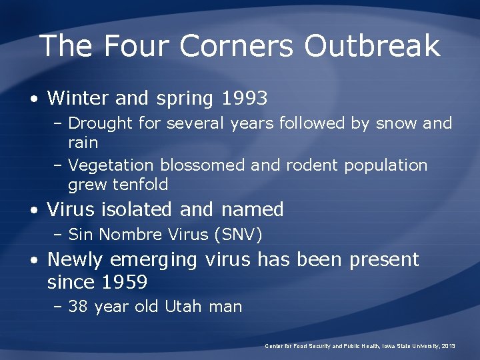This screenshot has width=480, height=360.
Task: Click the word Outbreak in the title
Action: coord(372,46)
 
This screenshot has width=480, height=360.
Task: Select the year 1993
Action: coord(243,99)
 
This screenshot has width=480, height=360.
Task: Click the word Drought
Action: coord(100,123)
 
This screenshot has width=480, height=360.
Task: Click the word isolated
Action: coord(140,209)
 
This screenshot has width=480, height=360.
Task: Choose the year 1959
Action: coord(125,283)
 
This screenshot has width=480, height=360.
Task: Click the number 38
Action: coord(79,307)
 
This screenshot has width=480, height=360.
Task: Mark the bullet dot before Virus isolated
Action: coord(33,211)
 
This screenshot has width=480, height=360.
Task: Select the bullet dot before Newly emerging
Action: coord(33,261)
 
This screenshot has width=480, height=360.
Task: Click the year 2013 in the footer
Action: coord(448,346)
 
